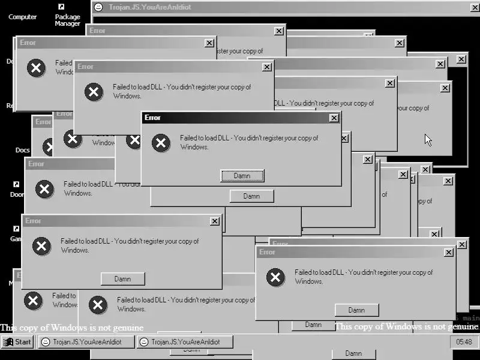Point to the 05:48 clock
[x=464, y=342]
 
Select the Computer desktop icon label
[x=22, y=17]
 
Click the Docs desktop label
[x=22, y=150]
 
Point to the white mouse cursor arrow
[x=428, y=139]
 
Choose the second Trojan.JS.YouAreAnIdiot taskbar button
[x=185, y=342]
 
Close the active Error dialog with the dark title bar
[x=334, y=118]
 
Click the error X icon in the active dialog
[x=160, y=142]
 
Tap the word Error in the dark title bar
[x=152, y=118]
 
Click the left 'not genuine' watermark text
[x=71, y=328]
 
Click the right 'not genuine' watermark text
[x=406, y=326]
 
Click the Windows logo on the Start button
[x=8, y=342]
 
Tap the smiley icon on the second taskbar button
[x=144, y=342]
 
